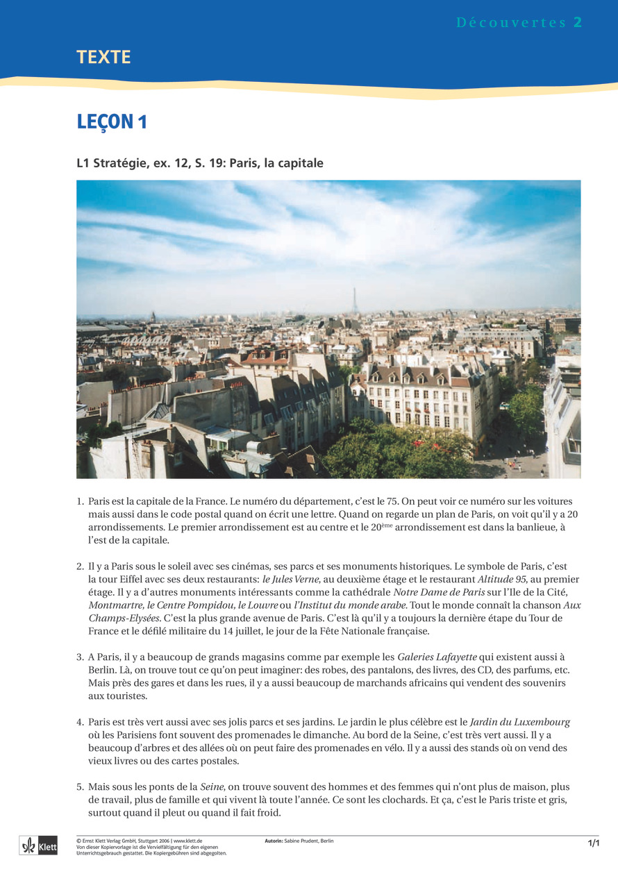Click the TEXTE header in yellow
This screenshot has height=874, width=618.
[x=103, y=58]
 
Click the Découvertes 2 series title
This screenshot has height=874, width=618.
[x=519, y=22]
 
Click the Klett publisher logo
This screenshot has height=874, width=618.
[x=38, y=846]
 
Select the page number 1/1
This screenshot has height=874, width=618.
[x=593, y=843]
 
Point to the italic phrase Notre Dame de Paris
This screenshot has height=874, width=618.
[x=439, y=591]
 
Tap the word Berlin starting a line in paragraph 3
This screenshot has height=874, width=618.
[x=103, y=670]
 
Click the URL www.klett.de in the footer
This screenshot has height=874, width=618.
[x=187, y=841]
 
